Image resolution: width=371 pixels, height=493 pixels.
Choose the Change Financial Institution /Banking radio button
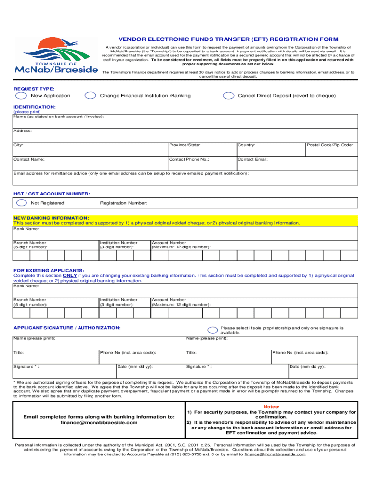90,96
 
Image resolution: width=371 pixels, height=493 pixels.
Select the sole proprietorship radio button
212,330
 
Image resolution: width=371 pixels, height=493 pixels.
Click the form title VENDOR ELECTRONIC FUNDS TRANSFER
229,39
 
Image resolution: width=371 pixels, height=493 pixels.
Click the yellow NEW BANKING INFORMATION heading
51,218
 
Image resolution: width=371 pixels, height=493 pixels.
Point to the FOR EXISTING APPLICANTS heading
49,271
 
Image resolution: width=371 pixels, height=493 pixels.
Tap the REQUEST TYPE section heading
34,89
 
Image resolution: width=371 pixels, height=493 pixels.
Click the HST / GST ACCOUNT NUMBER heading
52,194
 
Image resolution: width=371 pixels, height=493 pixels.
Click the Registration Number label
123,203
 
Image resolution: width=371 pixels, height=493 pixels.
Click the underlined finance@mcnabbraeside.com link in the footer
275,454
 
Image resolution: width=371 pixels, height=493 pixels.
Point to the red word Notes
271,407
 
